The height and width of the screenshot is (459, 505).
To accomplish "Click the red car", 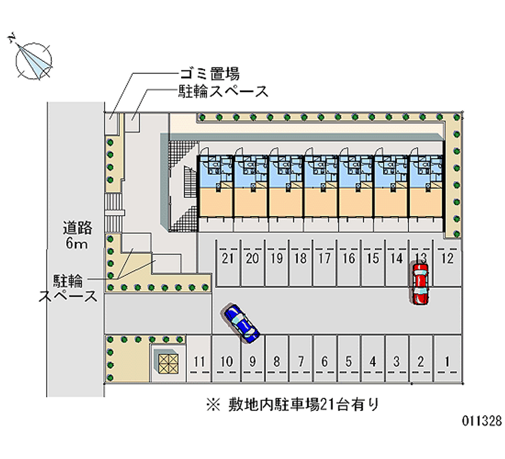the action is pyautogui.click(x=420, y=283).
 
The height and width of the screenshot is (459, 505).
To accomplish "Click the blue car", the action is pyautogui.click(x=240, y=323).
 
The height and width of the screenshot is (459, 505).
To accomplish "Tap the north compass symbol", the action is pyautogui.click(x=32, y=59).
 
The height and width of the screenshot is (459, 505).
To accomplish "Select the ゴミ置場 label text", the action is pyautogui.click(x=210, y=74).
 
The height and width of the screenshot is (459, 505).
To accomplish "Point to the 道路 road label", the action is pyautogui.click(x=77, y=228).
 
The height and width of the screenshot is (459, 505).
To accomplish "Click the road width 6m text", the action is pyautogui.click(x=76, y=243).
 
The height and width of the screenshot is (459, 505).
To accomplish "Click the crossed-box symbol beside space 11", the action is pyautogui.click(x=169, y=364).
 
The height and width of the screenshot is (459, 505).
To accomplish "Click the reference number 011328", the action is pyautogui.click(x=482, y=420).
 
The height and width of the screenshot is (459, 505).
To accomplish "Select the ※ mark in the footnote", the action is pyautogui.click(x=213, y=405).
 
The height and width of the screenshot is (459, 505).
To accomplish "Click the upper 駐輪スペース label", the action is pyautogui.click(x=223, y=92).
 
